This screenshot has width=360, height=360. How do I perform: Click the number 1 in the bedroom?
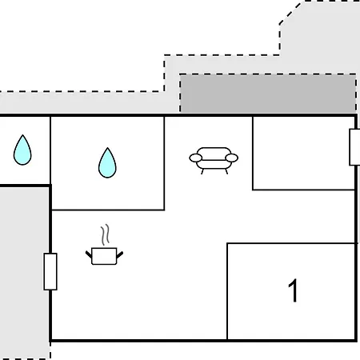(293, 290)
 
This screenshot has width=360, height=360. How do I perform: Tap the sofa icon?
(214, 161)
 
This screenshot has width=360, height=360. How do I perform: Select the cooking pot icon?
(104, 256)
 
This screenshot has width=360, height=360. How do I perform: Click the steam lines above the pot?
(105, 234)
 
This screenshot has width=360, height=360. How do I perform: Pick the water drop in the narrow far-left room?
(22, 150)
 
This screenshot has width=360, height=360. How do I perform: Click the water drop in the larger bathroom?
(107, 162)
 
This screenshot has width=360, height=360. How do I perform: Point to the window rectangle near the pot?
(50, 271)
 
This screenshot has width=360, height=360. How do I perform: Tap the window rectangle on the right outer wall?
(354, 147)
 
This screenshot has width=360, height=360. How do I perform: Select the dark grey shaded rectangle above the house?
(268, 94)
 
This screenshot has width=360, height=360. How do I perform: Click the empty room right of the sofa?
(303, 153)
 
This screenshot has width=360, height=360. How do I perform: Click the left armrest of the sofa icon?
(196, 158)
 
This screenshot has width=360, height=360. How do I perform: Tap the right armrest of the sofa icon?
(231, 158)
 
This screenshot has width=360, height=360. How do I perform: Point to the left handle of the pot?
(89, 254)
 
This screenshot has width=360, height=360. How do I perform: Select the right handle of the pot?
(120, 255)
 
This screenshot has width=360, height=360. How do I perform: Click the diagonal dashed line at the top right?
(290, 13)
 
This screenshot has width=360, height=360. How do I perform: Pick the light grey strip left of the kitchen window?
(25, 272)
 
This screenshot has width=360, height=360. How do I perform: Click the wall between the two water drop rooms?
(50, 150)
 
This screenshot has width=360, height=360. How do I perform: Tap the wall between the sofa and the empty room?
(253, 153)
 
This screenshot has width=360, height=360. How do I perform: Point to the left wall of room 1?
(227, 291)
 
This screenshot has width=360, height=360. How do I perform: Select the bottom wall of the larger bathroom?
(108, 210)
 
